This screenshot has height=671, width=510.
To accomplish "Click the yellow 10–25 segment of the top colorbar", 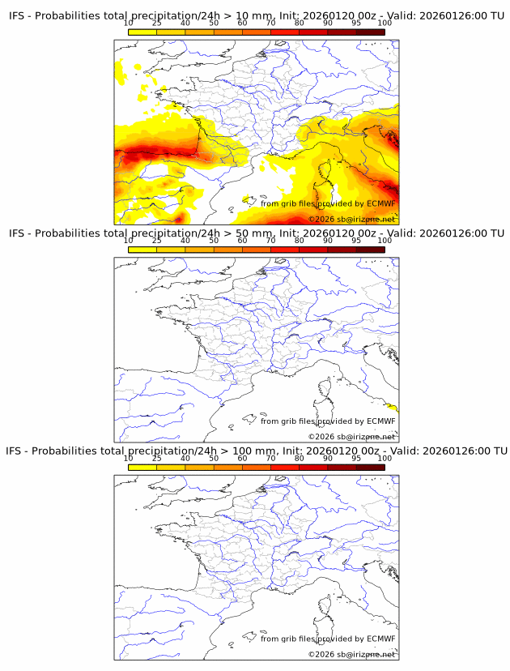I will (142, 32).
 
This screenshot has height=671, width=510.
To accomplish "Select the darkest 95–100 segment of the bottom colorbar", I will (370, 467).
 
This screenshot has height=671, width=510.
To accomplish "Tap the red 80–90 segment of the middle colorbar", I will (313, 250).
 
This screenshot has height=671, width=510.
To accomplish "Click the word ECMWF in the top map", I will (380, 203).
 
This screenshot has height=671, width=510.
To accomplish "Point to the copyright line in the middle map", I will (351, 437).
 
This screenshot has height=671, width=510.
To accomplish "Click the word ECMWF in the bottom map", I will (380, 639).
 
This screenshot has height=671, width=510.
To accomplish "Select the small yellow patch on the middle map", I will (393, 408).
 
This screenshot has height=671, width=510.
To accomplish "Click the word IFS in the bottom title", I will (15, 451).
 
